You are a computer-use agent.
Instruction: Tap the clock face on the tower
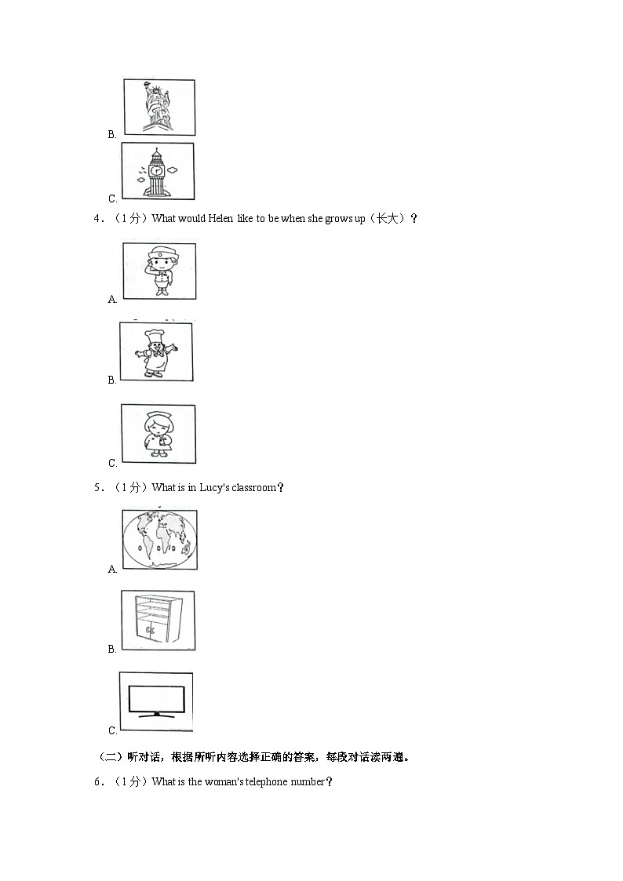coord(157,169)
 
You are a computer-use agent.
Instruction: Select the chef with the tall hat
coord(156,352)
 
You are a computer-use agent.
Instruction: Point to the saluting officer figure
coord(161,271)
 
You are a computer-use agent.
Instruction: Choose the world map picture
coord(159,540)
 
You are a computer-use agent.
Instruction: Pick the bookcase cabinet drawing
coord(159,621)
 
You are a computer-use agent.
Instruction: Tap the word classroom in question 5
coord(254,488)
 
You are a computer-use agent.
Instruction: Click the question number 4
coord(96,219)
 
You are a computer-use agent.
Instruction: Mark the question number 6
coord(97,782)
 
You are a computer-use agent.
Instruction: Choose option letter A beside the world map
coord(112,570)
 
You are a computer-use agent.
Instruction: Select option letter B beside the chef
coord(111,380)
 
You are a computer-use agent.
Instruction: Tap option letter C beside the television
coord(112,730)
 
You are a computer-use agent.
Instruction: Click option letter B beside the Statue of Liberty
coord(111,134)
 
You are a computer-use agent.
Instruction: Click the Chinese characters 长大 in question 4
coord(386,219)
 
